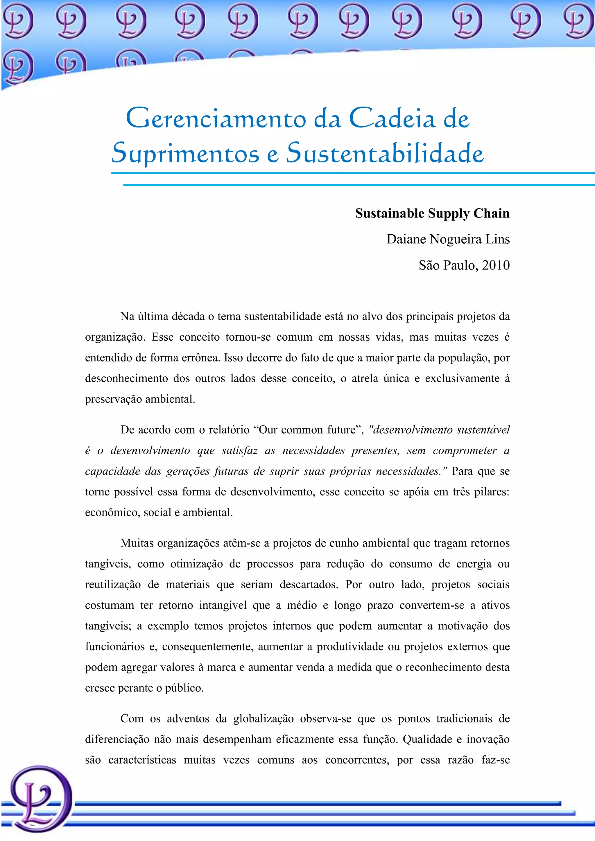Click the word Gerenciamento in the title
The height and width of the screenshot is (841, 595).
[216, 119]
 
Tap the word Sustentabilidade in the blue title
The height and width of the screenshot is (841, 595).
[385, 153]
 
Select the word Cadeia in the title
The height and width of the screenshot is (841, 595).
[392, 119]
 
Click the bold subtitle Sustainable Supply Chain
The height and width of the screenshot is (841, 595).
[432, 213]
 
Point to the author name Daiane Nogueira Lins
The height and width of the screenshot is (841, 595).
[448, 239]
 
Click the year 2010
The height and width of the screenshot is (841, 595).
[496, 265]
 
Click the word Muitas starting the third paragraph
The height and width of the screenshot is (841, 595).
[137, 543]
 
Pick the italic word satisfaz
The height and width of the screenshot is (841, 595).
[240, 450]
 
